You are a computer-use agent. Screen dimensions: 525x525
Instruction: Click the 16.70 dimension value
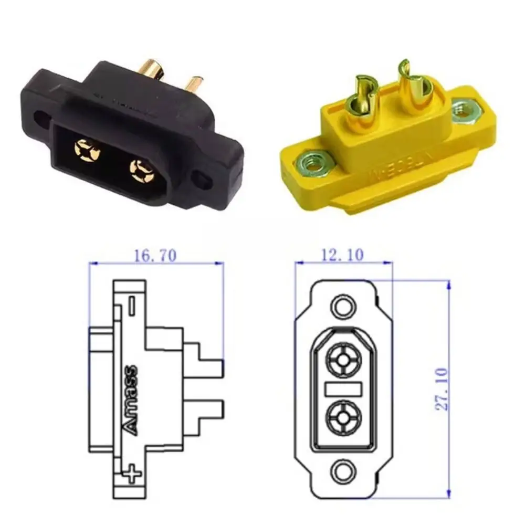tap(156, 255)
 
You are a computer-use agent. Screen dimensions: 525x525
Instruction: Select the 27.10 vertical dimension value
tap(443, 389)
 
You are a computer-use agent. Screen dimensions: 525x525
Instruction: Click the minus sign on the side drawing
tap(132, 303)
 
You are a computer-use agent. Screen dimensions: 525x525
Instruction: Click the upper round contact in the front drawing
tap(343, 360)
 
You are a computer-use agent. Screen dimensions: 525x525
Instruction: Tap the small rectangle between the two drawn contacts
tap(343, 388)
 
